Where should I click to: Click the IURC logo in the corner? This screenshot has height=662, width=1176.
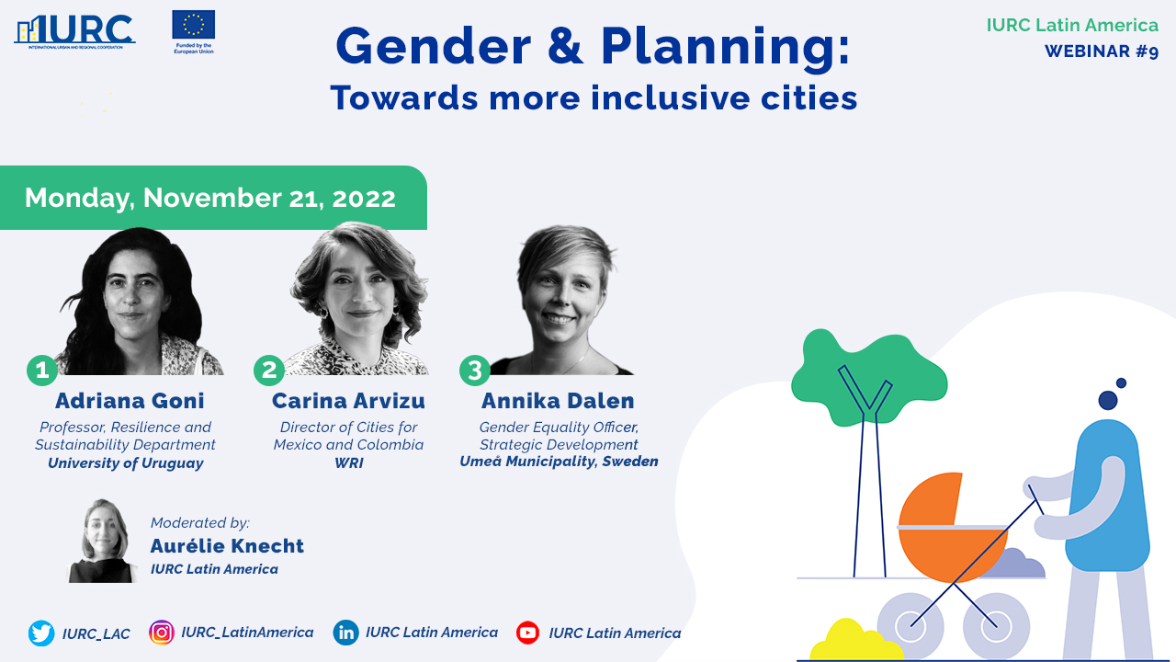pyautogui.click(x=74, y=31)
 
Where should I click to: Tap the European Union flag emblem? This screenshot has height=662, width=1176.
pyautogui.click(x=193, y=24)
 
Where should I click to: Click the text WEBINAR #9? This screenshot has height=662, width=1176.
pyautogui.click(x=1102, y=51)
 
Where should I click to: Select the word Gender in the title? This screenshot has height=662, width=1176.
pyautogui.click(x=434, y=46)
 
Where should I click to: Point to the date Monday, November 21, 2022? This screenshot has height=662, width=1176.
pyautogui.click(x=210, y=198)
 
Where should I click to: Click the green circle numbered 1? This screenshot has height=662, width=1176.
pyautogui.click(x=42, y=371)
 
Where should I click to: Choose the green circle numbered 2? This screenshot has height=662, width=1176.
pyautogui.click(x=269, y=371)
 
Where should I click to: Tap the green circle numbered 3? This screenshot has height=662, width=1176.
pyautogui.click(x=475, y=371)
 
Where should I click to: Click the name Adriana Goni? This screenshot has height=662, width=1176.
pyautogui.click(x=130, y=401)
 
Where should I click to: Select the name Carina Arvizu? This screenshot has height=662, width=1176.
pyautogui.click(x=348, y=401)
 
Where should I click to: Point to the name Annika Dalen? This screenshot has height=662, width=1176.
pyautogui.click(x=558, y=401)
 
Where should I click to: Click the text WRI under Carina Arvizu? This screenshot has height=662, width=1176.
pyautogui.click(x=348, y=462)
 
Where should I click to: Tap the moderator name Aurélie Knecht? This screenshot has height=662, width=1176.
pyautogui.click(x=227, y=546)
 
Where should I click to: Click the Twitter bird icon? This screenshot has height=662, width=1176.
pyautogui.click(x=41, y=633)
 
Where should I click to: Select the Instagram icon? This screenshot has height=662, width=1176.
pyautogui.click(x=162, y=633)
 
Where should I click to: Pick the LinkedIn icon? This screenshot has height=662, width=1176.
pyautogui.click(x=346, y=633)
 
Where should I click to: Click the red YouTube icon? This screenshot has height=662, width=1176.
pyautogui.click(x=527, y=633)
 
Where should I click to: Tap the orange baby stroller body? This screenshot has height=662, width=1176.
pyautogui.click(x=945, y=531)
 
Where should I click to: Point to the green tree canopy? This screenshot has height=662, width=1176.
pyautogui.click(x=869, y=377)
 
